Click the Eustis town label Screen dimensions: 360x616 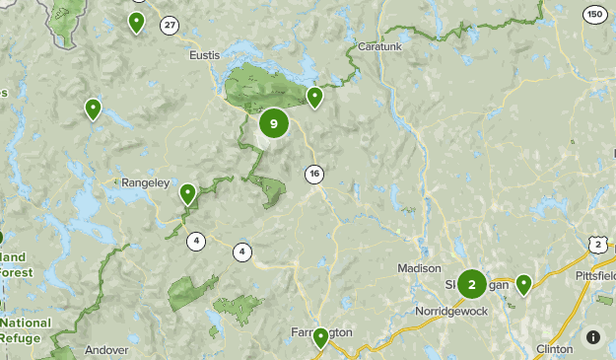205,56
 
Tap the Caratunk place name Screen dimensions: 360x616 380,46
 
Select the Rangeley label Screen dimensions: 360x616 146,182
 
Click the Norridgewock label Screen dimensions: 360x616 452,311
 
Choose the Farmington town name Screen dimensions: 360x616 321,332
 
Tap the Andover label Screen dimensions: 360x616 106,349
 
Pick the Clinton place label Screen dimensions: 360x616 554,349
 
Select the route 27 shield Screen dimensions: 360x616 171,25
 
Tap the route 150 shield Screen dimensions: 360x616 594,14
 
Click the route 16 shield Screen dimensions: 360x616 313,175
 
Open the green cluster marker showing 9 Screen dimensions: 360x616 274,123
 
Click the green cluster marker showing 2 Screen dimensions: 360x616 471,284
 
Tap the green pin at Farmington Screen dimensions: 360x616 320,338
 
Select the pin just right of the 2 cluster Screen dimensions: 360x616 524,284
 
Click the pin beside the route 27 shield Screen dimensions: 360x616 137,22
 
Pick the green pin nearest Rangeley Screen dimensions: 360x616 187,193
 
